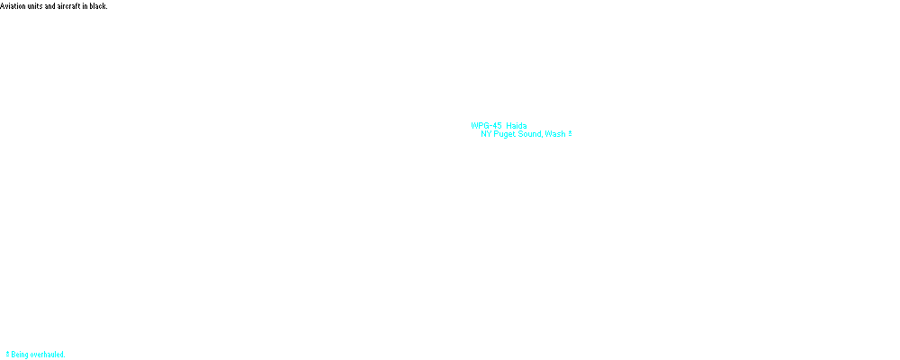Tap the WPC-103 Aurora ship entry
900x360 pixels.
pyautogui.click(x=503, y=143)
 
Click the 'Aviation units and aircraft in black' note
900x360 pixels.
pyautogui.click(x=54, y=5)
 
